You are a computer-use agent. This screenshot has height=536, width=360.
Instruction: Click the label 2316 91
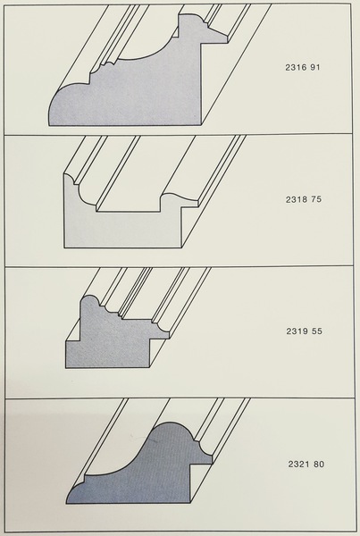(x=303, y=67)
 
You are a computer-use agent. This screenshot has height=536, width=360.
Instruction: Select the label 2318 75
(x=304, y=199)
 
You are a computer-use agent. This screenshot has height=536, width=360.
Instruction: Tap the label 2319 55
(x=304, y=331)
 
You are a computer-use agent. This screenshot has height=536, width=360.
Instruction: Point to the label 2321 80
(x=306, y=465)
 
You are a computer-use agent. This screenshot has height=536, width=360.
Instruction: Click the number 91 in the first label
(x=315, y=67)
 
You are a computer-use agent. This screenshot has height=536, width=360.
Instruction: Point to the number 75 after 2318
(x=316, y=199)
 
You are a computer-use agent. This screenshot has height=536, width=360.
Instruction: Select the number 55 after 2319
(x=317, y=331)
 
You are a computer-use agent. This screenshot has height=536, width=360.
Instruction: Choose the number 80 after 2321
(x=319, y=465)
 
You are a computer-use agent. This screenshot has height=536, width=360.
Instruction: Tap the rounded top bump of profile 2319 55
(x=89, y=298)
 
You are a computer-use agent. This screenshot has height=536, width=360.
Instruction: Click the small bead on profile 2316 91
(x=110, y=63)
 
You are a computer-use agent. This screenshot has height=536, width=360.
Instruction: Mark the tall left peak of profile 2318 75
(x=69, y=178)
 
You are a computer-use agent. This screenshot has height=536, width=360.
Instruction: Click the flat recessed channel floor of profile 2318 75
(x=129, y=211)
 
